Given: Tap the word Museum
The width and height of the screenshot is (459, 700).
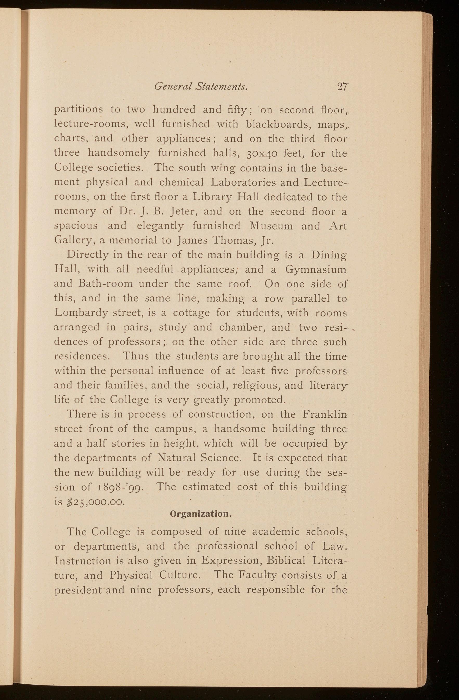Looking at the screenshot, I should (271, 226).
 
